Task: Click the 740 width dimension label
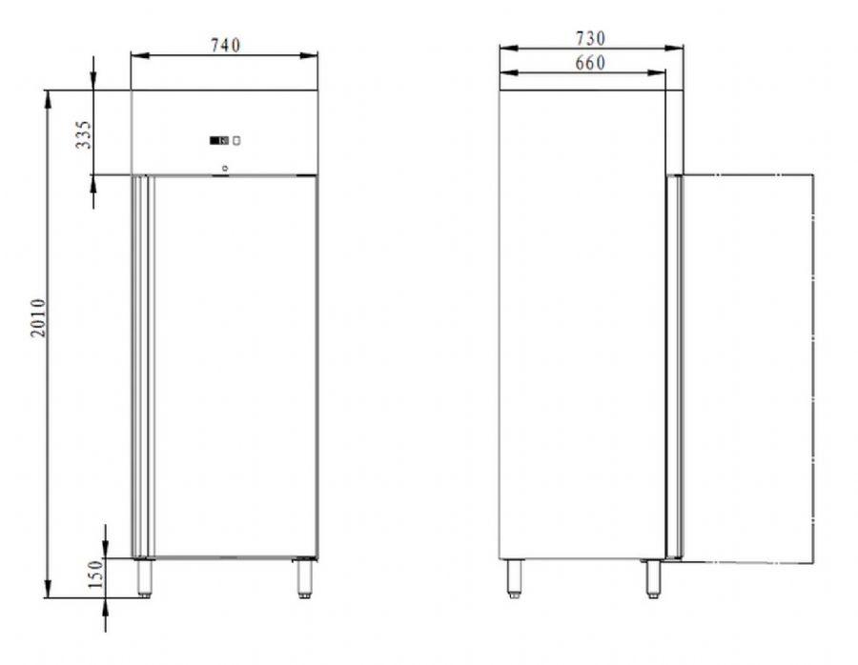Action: pyautogui.click(x=225, y=45)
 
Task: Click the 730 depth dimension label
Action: pyautogui.click(x=590, y=38)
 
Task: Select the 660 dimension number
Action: pyautogui.click(x=590, y=63)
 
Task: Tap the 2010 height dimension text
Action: pyautogui.click(x=38, y=318)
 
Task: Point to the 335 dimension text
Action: pyautogui.click(x=84, y=134)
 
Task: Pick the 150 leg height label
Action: pyautogui.click(x=95, y=574)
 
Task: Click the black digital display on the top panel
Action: pyautogui.click(x=219, y=141)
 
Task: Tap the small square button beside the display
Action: pyautogui.click(x=236, y=141)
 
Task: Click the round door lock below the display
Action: pyautogui.click(x=224, y=169)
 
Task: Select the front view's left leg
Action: pyautogui.click(x=145, y=577)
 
